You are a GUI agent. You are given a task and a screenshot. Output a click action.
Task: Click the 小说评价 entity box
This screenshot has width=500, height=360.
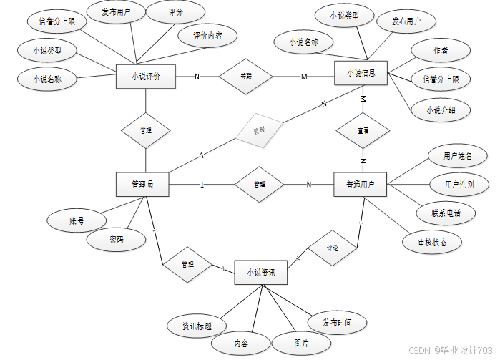pos(146,75)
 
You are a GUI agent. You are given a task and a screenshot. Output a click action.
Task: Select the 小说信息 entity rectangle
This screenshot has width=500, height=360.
pos(361,73)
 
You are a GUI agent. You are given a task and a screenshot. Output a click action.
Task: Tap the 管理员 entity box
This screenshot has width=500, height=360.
pos(143,185)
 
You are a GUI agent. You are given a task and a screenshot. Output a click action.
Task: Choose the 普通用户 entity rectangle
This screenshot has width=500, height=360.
pos(361,185)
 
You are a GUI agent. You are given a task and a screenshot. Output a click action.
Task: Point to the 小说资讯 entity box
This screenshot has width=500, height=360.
pos(260,273)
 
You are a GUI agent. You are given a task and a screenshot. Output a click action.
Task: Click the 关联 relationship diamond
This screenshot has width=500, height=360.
pos(246,76)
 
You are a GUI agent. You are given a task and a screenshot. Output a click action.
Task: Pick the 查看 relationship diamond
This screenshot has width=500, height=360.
pos(363,132)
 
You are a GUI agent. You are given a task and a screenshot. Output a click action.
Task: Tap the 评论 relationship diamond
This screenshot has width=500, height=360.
pos(333,248)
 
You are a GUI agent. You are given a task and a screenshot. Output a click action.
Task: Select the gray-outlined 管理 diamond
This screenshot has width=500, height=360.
pos(259,131)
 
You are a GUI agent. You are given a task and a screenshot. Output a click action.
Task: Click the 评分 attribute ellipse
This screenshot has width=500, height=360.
pos(175,13)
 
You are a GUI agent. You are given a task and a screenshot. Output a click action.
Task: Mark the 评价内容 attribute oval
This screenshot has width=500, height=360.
pos(207,34)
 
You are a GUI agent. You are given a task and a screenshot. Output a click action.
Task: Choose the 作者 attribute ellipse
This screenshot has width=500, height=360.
pos(441,51)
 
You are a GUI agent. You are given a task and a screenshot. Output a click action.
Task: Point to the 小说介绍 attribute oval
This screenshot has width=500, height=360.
pos(441,110)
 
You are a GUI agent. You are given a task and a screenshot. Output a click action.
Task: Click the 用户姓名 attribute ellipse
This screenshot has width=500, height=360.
pos(457,155)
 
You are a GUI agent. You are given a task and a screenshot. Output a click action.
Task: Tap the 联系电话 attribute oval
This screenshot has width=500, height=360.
pos(446,213)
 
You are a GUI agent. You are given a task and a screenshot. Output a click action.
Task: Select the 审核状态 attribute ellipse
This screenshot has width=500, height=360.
pos(433,243)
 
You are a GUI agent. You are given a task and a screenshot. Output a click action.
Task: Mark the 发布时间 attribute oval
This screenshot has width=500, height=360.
pos(337,323)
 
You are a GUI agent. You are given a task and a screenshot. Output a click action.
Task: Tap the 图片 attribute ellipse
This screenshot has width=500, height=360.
pos(301,344)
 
